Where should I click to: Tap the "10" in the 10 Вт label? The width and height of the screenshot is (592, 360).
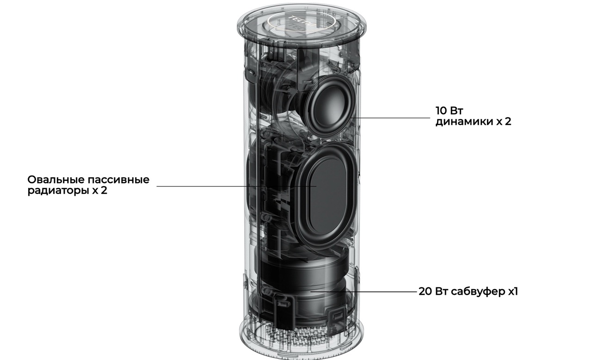point(441,111)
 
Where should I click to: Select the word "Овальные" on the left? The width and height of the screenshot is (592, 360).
point(56,180)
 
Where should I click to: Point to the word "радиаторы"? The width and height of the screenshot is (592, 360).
point(58,191)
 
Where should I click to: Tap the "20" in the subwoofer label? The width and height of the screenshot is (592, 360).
point(425,291)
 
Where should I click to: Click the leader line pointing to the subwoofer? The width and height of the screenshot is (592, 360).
point(364,292)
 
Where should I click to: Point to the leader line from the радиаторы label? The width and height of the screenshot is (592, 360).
point(236,186)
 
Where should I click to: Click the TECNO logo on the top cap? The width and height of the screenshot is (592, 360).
point(302,21)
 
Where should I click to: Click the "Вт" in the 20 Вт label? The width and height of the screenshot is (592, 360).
point(441,291)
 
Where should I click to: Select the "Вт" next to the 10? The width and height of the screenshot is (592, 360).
point(456,111)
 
